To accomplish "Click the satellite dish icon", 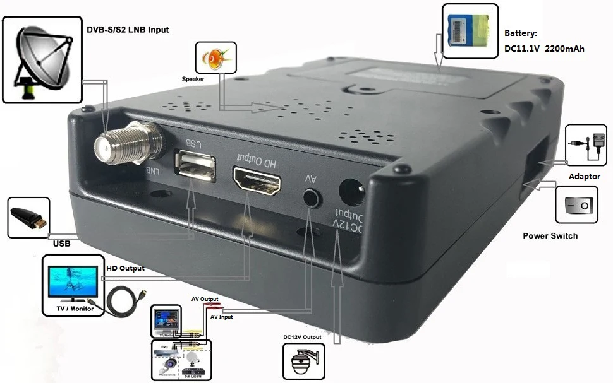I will click(x=42, y=60).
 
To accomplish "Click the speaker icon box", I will click(x=216, y=58).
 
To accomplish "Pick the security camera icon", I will click(x=303, y=363).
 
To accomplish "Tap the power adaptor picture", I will click(x=585, y=146).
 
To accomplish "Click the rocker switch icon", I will click(x=576, y=205).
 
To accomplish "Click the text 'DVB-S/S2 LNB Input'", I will click(x=127, y=29).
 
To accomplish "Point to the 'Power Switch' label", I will click(x=550, y=236).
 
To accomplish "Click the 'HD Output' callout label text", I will click(x=125, y=268).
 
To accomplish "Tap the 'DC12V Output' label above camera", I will click(x=302, y=337).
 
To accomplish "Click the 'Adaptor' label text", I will click(x=584, y=176).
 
